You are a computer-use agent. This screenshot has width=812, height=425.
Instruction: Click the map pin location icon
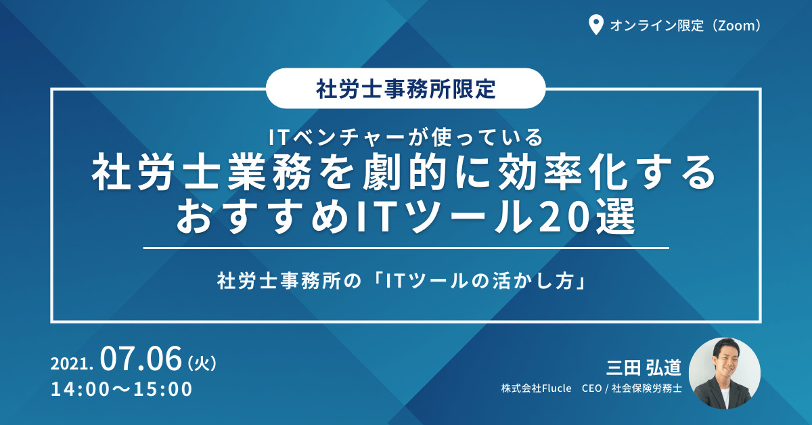coord(595,25)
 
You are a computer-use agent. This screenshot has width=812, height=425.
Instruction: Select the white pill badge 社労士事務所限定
coord(405,88)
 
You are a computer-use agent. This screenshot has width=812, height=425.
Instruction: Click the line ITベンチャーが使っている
coord(405,137)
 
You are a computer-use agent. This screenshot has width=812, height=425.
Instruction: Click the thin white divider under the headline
coord(406,248)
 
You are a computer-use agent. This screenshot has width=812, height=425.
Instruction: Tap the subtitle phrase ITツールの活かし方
coord(480,281)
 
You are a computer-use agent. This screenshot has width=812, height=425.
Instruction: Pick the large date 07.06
coord(141,359)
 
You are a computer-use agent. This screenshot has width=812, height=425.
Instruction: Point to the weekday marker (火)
coord(202,363)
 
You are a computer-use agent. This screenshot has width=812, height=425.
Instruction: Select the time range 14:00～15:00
coord(121,389)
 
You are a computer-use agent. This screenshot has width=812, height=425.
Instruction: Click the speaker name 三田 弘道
coord(644,367)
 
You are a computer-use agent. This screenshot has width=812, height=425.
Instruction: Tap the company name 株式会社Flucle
coord(536,388)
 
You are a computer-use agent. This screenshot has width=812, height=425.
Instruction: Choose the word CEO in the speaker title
coord(591,388)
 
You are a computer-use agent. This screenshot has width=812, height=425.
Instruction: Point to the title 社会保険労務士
coord(647,388)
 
